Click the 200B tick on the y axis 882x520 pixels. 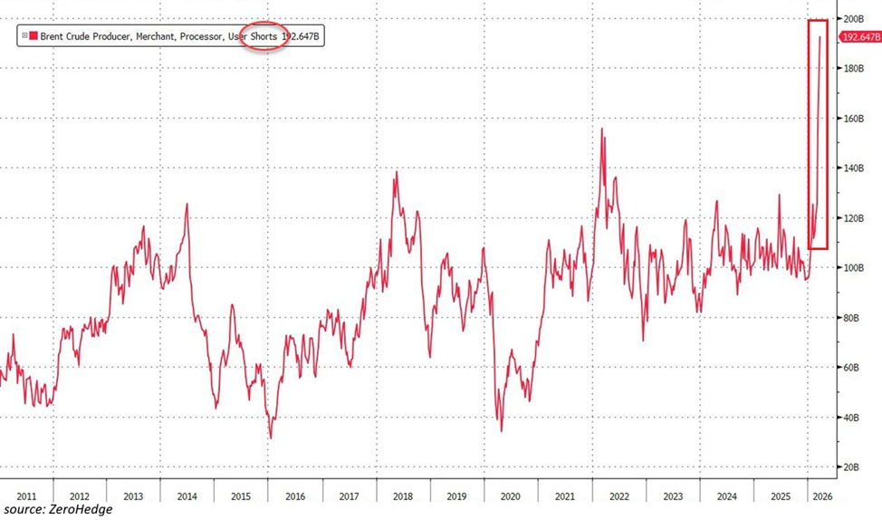pos(853,19)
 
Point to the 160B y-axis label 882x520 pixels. pos(853,119)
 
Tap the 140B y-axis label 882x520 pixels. pos(853,169)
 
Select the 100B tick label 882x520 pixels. pos(853,268)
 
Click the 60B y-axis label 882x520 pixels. pos(855,368)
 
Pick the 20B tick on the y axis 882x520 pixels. pos(855,467)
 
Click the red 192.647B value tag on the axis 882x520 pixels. pos(860,37)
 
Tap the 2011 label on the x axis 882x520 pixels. pos(26,496)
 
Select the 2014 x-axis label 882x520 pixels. pos(187,496)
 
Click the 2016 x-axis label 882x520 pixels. pos(294,496)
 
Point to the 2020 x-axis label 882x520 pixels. pos(510,496)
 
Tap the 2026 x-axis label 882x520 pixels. pos(823,496)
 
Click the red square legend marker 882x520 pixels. pos(34,36)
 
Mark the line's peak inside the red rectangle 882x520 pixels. pos(820,37)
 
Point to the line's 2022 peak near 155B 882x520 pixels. pos(602,129)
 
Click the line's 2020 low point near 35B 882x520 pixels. pos(501,430)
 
